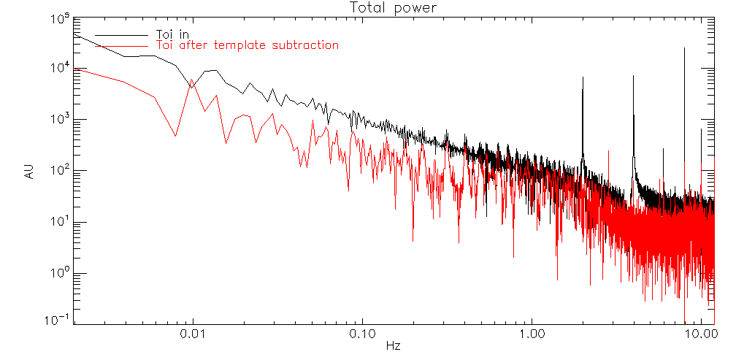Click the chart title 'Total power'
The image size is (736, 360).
(392, 8)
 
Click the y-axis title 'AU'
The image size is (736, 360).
(29, 172)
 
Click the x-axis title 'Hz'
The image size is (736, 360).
(392, 344)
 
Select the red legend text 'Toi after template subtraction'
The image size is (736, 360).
(248, 45)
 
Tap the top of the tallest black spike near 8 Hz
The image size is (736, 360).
(685, 48)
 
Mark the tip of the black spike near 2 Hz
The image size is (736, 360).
(583, 77)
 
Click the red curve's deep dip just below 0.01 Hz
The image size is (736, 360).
(175, 136)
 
